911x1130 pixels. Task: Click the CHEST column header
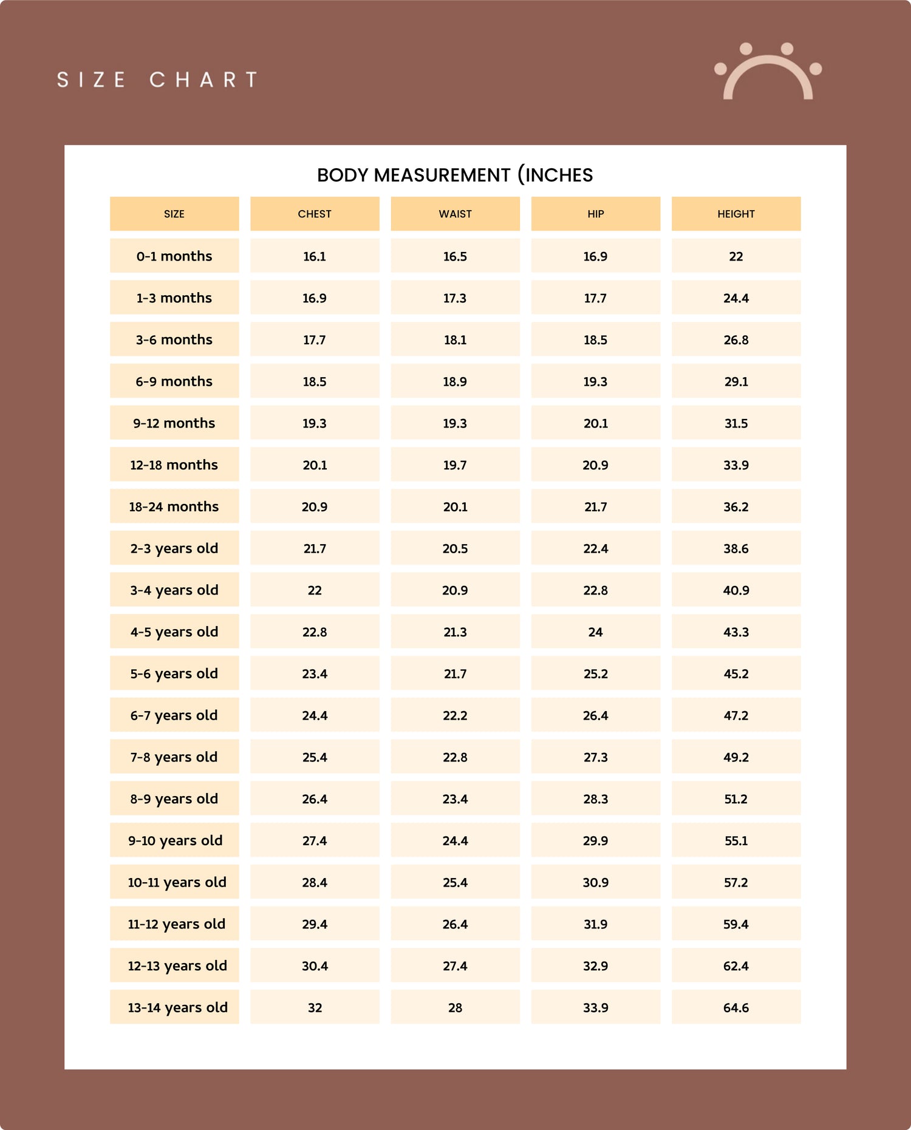(x=315, y=214)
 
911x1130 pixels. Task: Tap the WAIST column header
(x=455, y=214)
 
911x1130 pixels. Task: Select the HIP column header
(x=595, y=214)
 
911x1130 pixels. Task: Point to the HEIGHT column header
(x=735, y=214)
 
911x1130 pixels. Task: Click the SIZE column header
(x=174, y=214)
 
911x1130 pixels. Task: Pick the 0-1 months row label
(x=174, y=256)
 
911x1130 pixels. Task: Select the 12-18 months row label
(x=174, y=465)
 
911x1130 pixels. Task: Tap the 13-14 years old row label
(x=177, y=1007)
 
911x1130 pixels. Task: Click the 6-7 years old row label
(x=174, y=715)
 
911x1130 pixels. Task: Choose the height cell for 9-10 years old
(x=735, y=840)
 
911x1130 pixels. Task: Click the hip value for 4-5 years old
(x=595, y=632)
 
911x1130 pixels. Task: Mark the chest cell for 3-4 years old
(x=315, y=590)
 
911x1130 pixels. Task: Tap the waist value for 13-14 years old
(x=455, y=1007)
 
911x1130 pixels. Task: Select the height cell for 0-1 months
(x=735, y=256)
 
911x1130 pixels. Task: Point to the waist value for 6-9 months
(x=455, y=381)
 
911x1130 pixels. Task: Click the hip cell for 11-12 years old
(x=595, y=924)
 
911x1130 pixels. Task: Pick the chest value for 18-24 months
(x=315, y=506)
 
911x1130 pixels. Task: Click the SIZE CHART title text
(x=157, y=80)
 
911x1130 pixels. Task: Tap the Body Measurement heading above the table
(x=455, y=175)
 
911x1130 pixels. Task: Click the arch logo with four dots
(x=768, y=72)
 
